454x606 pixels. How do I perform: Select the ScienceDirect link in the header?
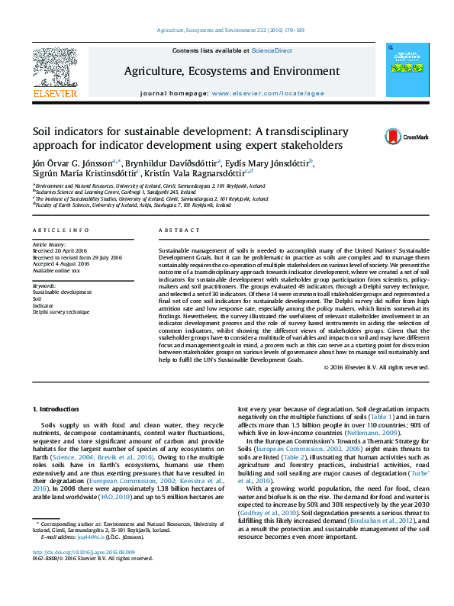point(272,50)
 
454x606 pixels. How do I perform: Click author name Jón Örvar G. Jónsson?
point(72,162)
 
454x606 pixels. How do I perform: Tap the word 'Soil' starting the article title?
point(43,131)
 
